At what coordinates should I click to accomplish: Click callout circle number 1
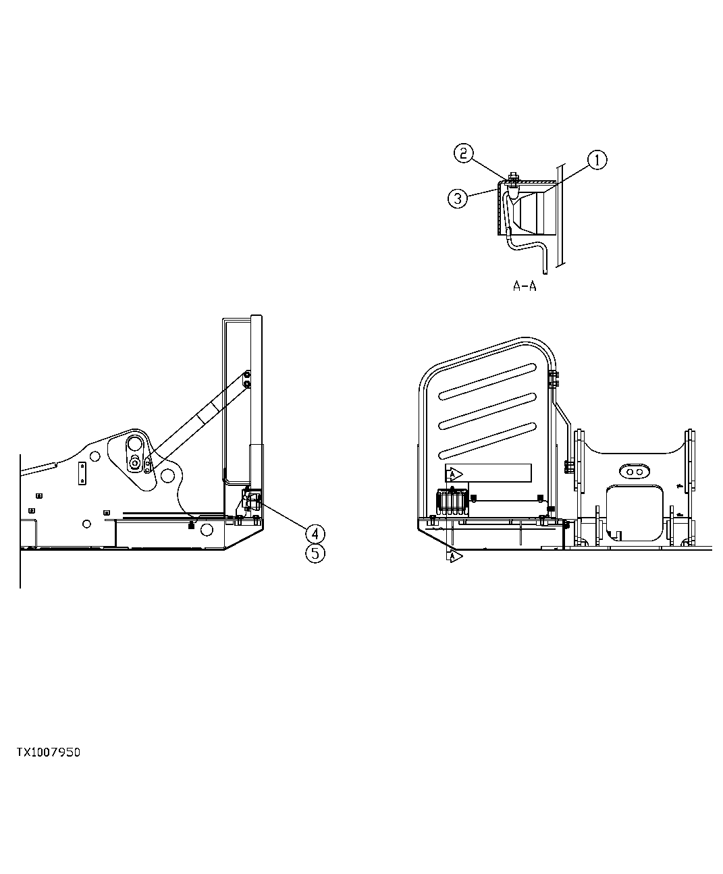(597, 160)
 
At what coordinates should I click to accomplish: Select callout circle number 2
(462, 153)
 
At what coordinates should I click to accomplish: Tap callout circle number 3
(458, 198)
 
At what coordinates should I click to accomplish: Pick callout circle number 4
(315, 534)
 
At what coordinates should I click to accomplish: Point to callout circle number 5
(315, 553)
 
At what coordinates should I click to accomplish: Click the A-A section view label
(524, 286)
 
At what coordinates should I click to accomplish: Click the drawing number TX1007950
(49, 752)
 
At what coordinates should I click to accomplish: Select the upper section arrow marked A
(455, 474)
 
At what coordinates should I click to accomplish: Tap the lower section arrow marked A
(455, 556)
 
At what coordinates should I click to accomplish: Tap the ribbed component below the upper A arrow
(451, 502)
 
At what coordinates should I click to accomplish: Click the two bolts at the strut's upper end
(248, 379)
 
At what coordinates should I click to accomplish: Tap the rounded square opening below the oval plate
(633, 512)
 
